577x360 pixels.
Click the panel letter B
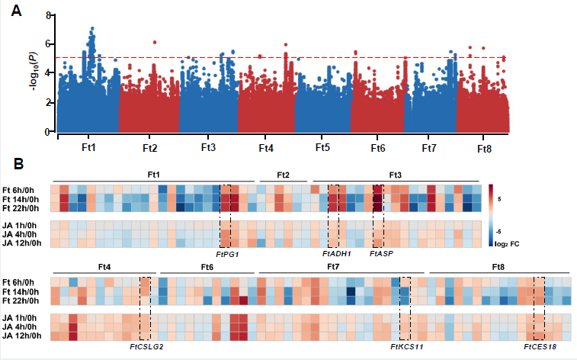pyautogui.click(x=24, y=162)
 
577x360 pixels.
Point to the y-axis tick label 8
pyautogui.click(x=49, y=15)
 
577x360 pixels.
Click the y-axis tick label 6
pyautogui.click(x=49, y=44)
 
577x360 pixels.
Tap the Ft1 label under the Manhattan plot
pyautogui.click(x=88, y=144)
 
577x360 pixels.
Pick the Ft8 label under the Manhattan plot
pyautogui.click(x=484, y=147)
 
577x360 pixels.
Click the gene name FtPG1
pyautogui.click(x=227, y=255)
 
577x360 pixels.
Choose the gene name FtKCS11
pyautogui.click(x=406, y=347)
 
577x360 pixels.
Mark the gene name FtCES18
pyautogui.click(x=540, y=347)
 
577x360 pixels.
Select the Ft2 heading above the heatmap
pyautogui.click(x=282, y=175)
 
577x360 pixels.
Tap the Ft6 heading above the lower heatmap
pyautogui.click(x=207, y=267)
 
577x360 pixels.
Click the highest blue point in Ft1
pyautogui.click(x=92, y=28)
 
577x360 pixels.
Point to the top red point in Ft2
pyautogui.click(x=154, y=43)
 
